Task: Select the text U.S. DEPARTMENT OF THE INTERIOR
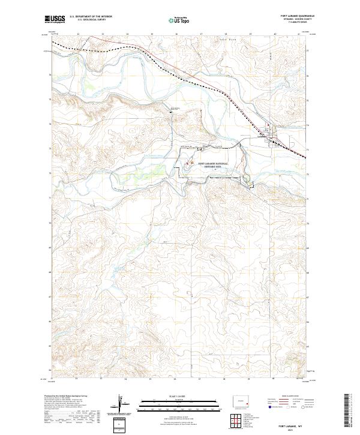(90, 16)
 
